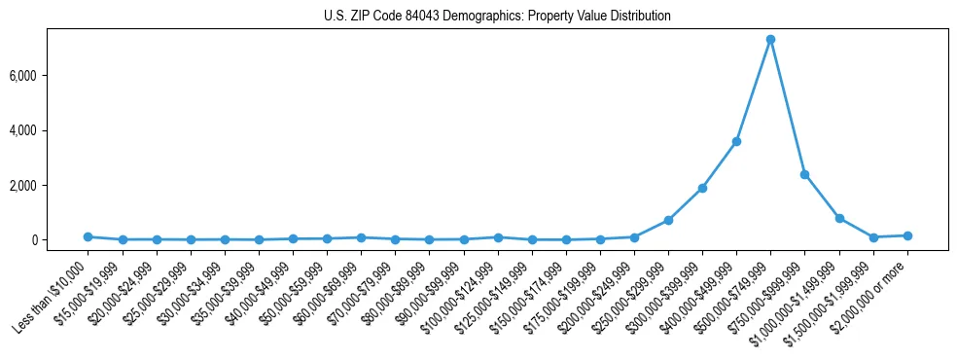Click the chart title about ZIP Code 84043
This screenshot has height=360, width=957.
[497, 17]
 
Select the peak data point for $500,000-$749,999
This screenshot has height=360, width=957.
[770, 40]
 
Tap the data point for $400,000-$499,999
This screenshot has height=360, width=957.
[736, 142]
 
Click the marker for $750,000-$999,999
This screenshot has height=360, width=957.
[804, 174]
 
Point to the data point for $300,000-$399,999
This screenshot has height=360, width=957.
[702, 188]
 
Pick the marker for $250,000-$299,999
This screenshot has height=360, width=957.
[668, 220]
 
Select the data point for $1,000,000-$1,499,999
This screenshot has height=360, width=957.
[839, 218]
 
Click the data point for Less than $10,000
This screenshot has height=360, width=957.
[88, 236]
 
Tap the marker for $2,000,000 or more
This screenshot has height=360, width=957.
[907, 235]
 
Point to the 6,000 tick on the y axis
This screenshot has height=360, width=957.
[53, 76]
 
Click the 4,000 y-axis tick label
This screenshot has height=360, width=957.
[53, 130]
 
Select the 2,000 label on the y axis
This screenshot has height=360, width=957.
[53, 185]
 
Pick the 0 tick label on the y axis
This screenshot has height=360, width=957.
[61, 240]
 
